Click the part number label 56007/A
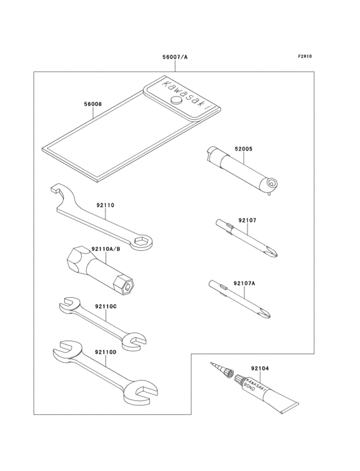pyautogui.click(x=175, y=57)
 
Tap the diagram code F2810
pyautogui.click(x=305, y=56)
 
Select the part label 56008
pyautogui.click(x=93, y=104)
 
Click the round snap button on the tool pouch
pyautogui.click(x=176, y=100)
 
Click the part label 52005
pyautogui.click(x=243, y=149)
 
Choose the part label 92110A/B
pyautogui.click(x=106, y=249)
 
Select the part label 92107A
pyautogui.click(x=244, y=283)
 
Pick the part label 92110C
pyautogui.click(x=105, y=307)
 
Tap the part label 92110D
pyautogui.click(x=105, y=353)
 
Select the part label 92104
pyautogui.click(x=260, y=368)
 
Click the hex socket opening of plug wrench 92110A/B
pyautogui.click(x=128, y=286)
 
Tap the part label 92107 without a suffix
pyautogui.click(x=248, y=220)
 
